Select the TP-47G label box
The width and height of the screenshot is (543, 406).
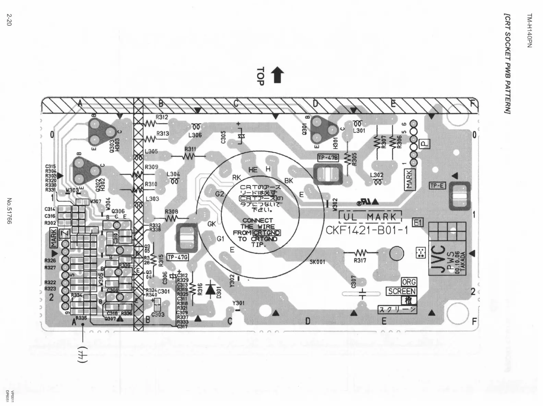pos(178,257)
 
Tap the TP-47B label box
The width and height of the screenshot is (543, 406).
pos(328,158)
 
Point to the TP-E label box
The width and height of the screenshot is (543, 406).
pos(437,186)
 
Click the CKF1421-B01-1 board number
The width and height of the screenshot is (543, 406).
pos(367,230)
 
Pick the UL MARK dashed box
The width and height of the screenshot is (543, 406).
pos(370,217)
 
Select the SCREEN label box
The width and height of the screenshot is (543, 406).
pos(402,291)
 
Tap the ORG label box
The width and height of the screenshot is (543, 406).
pos(409,282)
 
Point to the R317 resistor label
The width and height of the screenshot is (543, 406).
pos(360,261)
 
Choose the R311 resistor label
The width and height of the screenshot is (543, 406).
pos(190,149)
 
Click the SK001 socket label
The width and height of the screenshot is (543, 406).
pos(317,262)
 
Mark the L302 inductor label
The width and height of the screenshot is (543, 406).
pos(377,175)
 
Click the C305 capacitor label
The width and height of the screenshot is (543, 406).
pos(223,137)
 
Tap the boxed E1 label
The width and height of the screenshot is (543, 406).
pos(417,223)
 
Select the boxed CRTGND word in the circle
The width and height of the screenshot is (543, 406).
pos(266,233)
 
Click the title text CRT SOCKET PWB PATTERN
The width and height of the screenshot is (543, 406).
pos(507,68)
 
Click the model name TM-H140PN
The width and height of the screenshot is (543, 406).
pos(529,31)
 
